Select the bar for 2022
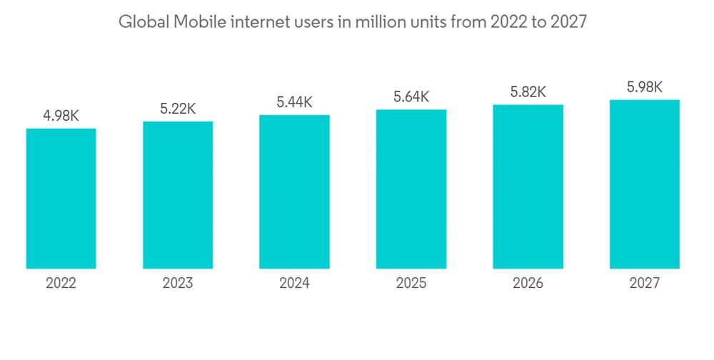click(x=61, y=199)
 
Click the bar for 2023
click(x=178, y=195)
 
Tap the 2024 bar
click(x=294, y=191)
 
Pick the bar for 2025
click(x=411, y=189)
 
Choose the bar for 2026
click(x=528, y=186)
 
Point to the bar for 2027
click(x=645, y=184)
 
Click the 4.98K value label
click(x=61, y=116)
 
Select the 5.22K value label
click(x=178, y=109)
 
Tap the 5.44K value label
click(x=294, y=102)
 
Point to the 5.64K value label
click(x=411, y=96)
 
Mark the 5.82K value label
click(x=528, y=91)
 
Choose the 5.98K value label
click(x=645, y=87)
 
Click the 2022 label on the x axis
click(x=61, y=284)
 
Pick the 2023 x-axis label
click(x=178, y=284)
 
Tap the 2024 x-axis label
click(x=294, y=284)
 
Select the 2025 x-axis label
click(x=411, y=284)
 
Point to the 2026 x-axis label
click(x=528, y=284)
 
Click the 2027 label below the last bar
click(x=645, y=284)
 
